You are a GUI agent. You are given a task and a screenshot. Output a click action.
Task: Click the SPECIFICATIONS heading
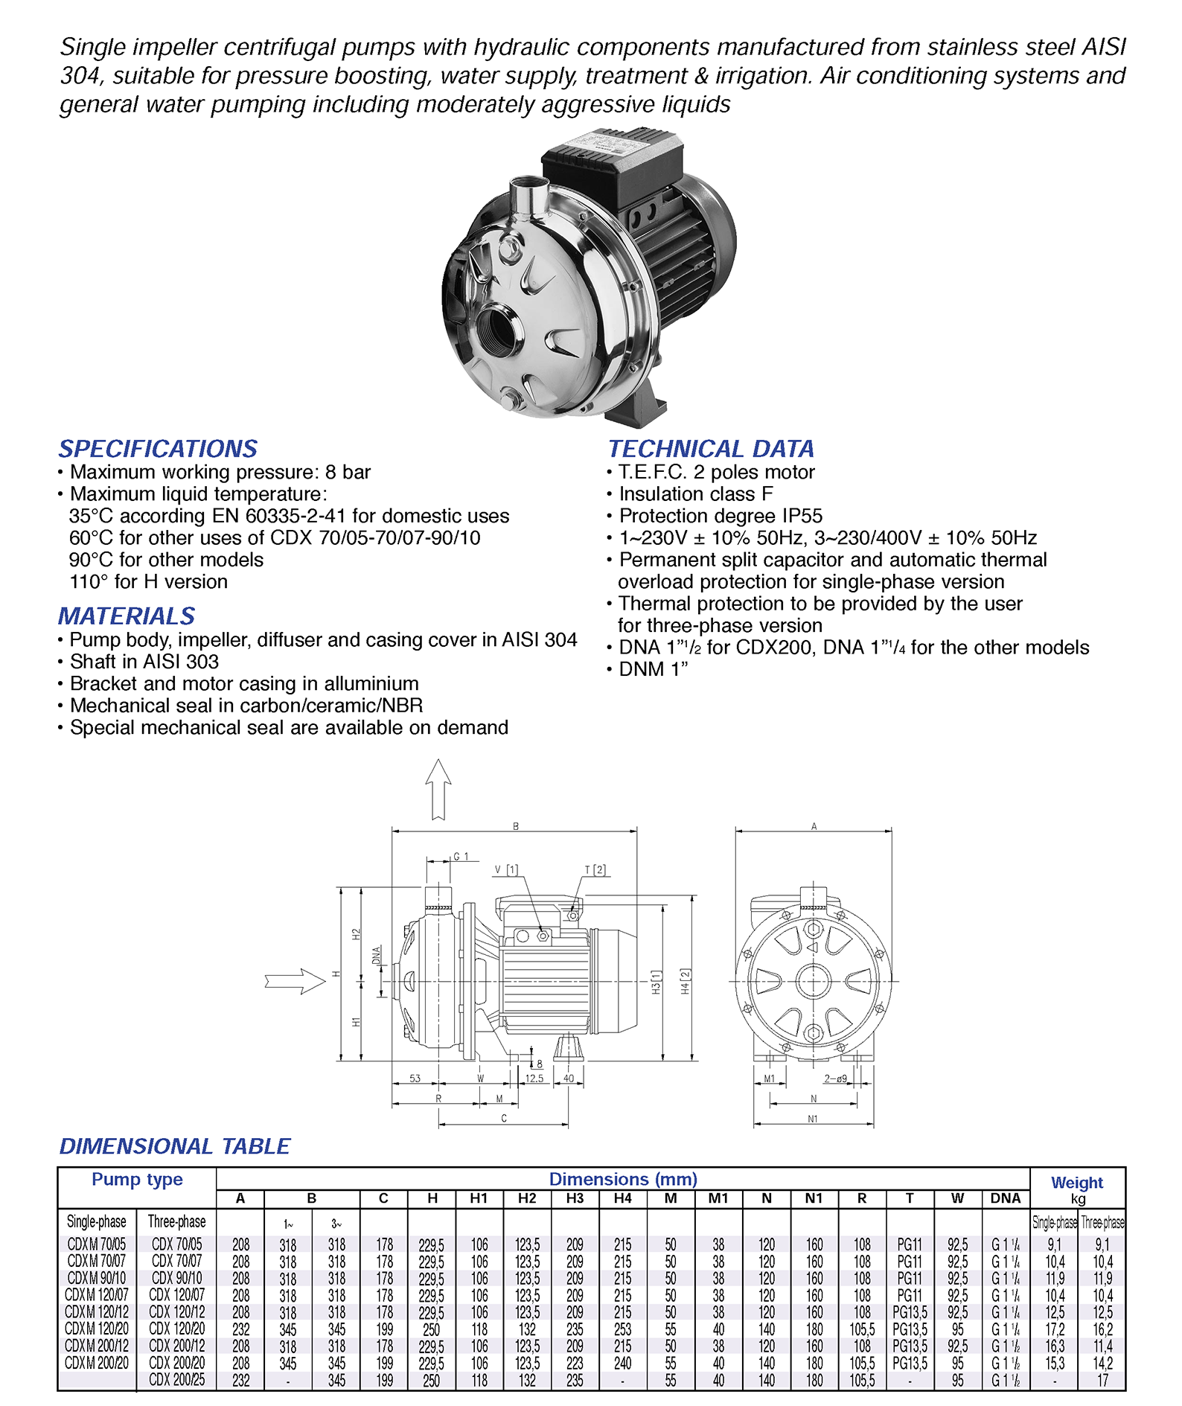tap(158, 449)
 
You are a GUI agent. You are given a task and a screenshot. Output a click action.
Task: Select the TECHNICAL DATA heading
tap(711, 449)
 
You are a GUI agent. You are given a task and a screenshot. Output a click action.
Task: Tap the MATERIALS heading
tap(127, 616)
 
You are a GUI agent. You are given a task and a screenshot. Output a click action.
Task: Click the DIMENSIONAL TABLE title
tap(175, 1146)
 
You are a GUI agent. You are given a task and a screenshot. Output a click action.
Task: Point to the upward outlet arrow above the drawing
tap(438, 789)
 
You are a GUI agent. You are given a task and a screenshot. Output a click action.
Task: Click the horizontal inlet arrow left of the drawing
tap(295, 981)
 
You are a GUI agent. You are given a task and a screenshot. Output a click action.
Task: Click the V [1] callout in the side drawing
tap(506, 870)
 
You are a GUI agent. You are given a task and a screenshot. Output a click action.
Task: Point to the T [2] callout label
tap(595, 869)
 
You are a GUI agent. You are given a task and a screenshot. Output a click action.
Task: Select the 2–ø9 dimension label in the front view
tap(835, 1079)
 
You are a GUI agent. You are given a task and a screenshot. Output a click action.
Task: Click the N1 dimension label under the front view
tap(813, 1119)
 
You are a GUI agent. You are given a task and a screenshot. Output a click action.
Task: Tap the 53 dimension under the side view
tap(415, 1079)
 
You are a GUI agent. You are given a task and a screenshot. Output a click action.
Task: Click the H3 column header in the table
tap(575, 1198)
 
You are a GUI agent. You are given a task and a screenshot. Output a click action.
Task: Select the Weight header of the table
tap(1077, 1183)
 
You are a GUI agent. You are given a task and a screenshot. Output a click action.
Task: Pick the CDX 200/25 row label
tap(176, 1379)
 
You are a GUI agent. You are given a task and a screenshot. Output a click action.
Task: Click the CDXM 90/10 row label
tap(97, 1278)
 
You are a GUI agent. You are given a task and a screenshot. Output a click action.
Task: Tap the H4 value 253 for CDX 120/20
tap(623, 1329)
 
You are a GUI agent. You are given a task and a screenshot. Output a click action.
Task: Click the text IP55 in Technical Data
tap(802, 516)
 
